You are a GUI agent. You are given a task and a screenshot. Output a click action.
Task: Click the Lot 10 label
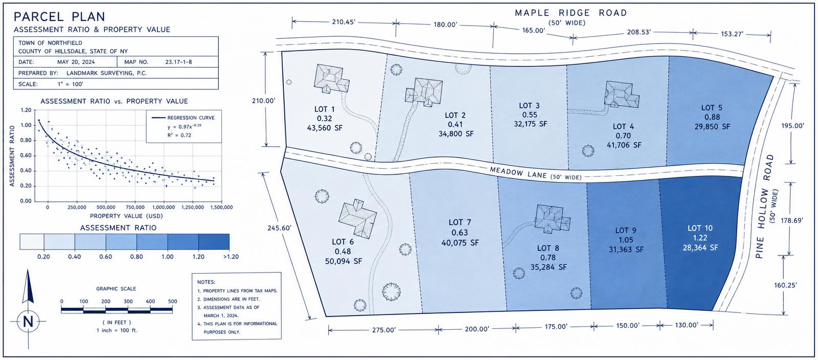tap(700, 228)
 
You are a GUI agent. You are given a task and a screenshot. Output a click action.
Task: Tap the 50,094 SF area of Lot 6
tap(344, 261)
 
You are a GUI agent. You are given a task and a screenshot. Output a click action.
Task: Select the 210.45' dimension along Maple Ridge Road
tap(343, 22)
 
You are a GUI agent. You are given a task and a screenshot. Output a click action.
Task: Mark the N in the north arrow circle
tap(28, 322)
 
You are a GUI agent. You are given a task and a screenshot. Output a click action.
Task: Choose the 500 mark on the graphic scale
tap(172, 302)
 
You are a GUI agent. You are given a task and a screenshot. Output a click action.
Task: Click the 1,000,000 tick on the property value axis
tap(164, 208)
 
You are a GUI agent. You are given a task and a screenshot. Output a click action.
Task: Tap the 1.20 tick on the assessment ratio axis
tap(26, 110)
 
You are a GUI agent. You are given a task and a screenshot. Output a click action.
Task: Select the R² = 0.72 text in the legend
tap(179, 135)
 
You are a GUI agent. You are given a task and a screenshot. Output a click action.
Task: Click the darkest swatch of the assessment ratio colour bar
tap(214, 242)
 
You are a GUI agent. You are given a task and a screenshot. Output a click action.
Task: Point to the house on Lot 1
tap(331, 79)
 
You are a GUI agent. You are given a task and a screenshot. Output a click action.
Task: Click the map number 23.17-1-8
tap(178, 62)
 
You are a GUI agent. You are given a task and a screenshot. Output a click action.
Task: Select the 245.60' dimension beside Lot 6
tap(279, 228)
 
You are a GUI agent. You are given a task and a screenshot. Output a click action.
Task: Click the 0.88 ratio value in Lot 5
tap(712, 117)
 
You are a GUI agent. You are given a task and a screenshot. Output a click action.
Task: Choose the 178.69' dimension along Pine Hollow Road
tap(792, 220)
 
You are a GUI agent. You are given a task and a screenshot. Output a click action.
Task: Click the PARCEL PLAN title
tap(59, 17)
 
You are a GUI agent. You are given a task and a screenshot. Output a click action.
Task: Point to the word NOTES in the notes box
tap(207, 282)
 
